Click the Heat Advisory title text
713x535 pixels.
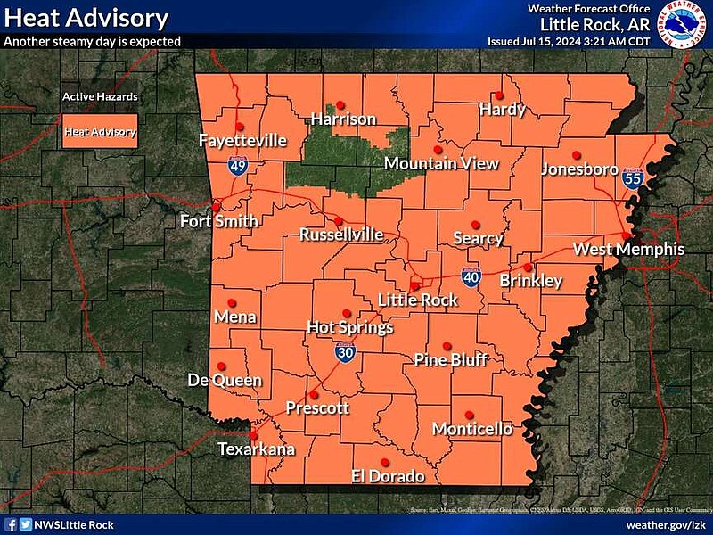(86, 17)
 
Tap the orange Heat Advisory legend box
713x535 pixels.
(100, 132)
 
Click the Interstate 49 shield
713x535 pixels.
(238, 165)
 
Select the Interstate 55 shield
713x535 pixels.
(633, 179)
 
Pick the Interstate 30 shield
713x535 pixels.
(345, 353)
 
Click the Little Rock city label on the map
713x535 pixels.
(418, 300)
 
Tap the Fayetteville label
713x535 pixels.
(242, 141)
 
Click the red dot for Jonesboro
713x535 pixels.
(577, 153)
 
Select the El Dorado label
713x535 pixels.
(388, 476)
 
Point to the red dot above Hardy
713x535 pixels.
(499, 95)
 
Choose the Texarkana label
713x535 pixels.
(257, 449)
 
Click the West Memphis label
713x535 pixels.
(628, 249)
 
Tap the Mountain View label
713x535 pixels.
(441, 163)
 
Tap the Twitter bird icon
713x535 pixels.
(25, 525)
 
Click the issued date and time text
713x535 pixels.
(569, 41)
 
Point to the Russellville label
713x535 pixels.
(341, 235)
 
